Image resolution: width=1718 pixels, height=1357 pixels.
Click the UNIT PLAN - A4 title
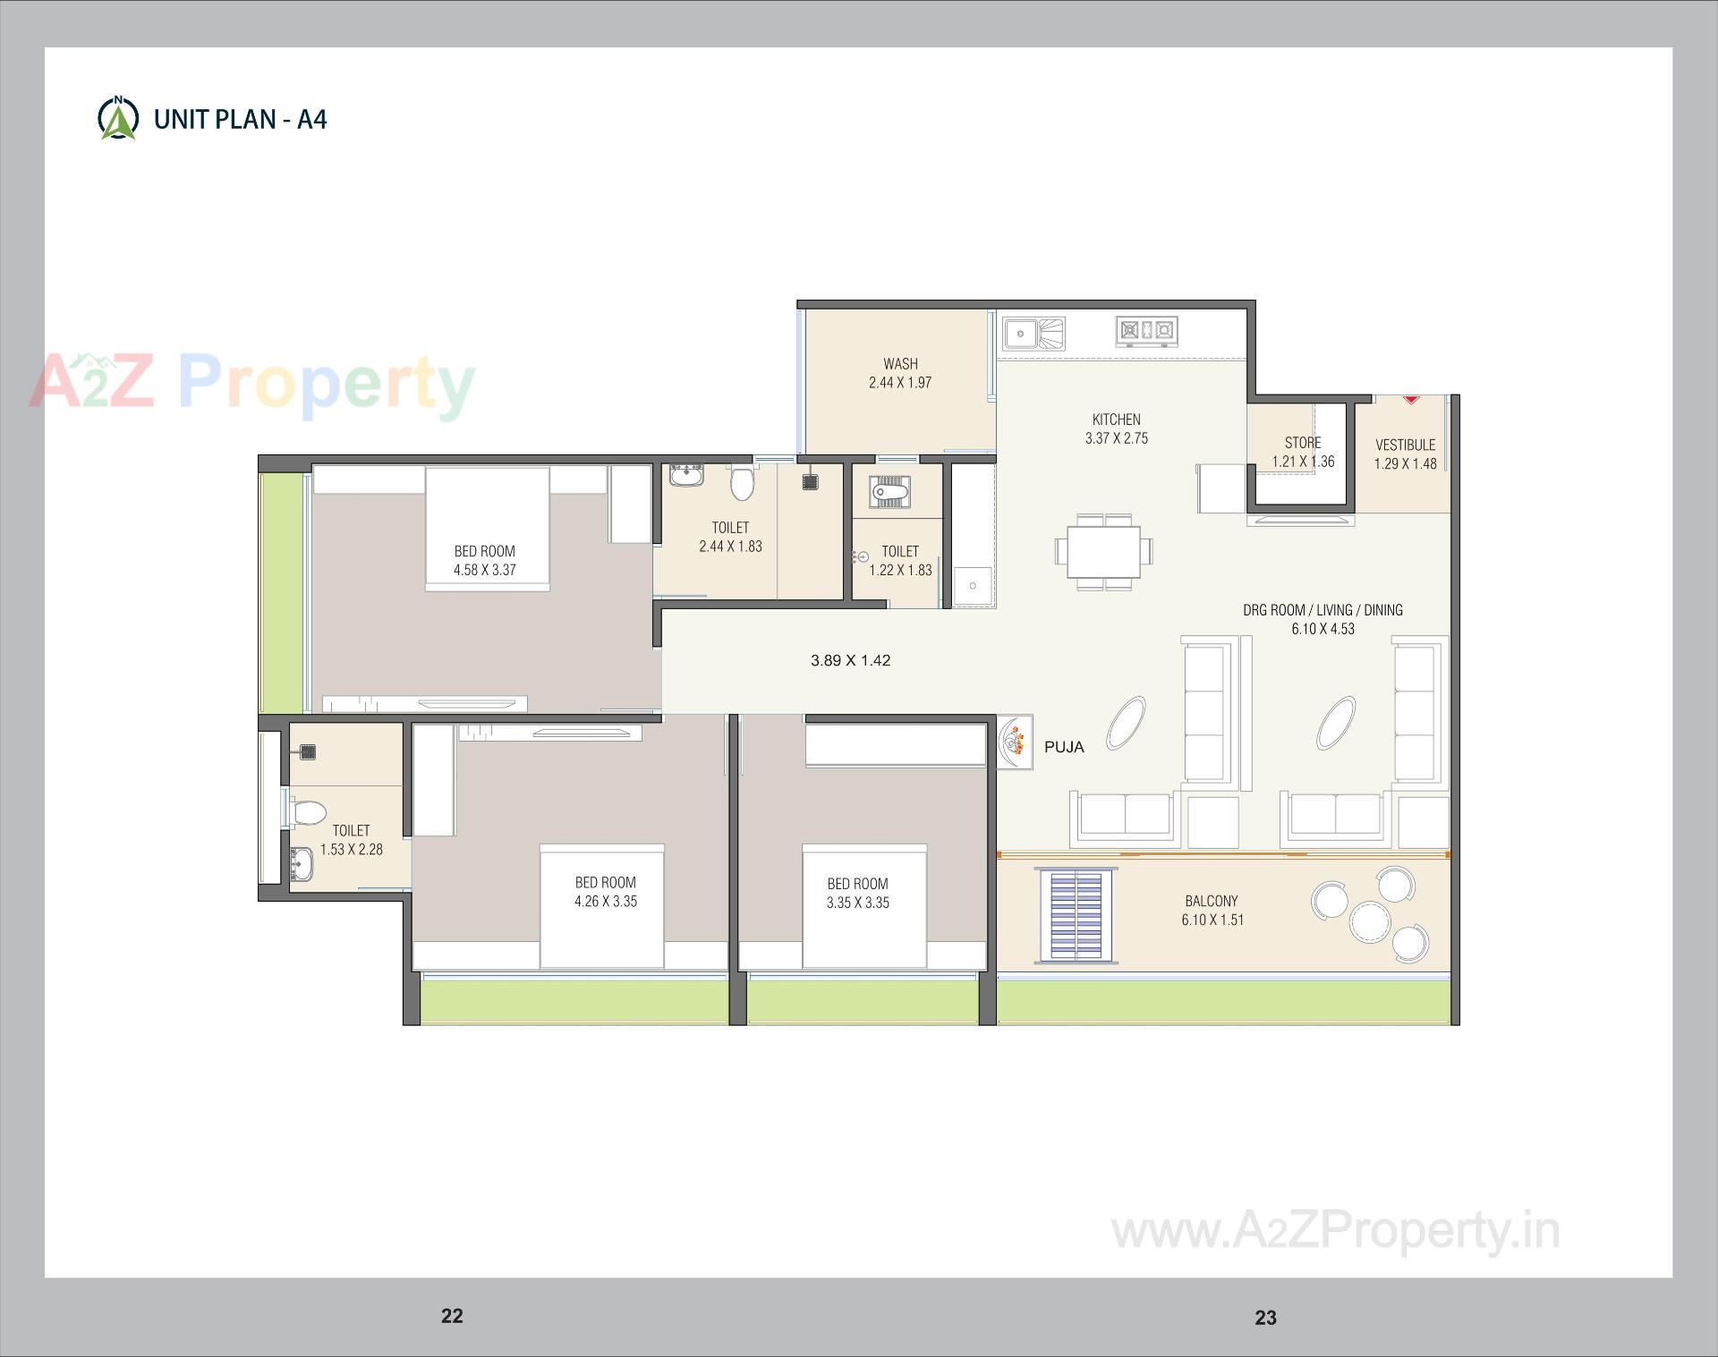coord(240,120)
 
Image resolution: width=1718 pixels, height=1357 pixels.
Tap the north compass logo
coord(118,117)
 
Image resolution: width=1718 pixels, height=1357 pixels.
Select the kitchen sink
coord(1033,334)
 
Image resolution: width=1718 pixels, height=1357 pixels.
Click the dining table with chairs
coord(1103,552)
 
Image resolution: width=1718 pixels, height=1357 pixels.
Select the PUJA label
coord(1064,747)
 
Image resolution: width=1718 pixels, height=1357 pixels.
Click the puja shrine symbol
coord(1014,741)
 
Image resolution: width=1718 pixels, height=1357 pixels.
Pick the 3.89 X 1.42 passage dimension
coord(850,660)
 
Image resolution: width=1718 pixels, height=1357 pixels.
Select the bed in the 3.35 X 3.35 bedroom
coord(864,905)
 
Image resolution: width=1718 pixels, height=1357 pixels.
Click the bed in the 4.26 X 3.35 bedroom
coord(601,905)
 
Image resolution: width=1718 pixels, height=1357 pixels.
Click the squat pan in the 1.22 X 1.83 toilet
coord(889,492)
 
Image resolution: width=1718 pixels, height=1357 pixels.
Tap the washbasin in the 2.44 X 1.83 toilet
coord(686,474)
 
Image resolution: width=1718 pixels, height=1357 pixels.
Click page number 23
coord(1265,1317)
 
